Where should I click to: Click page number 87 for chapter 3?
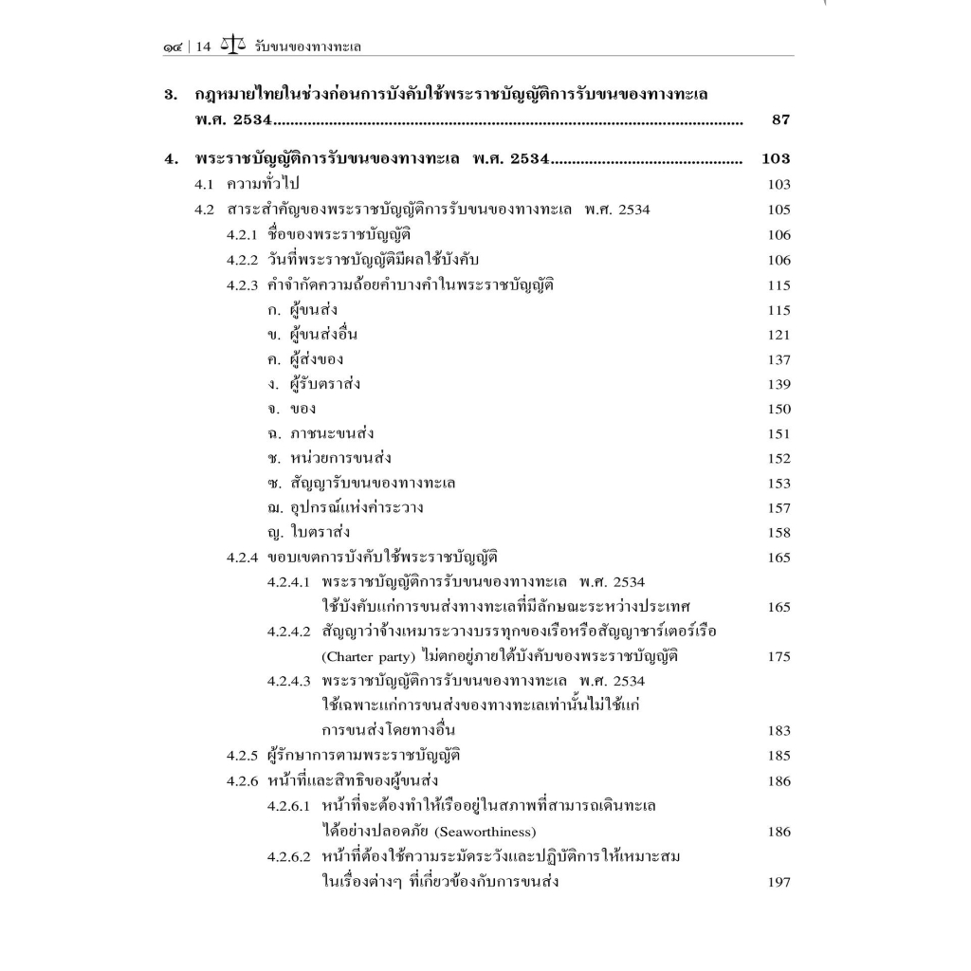(x=780, y=120)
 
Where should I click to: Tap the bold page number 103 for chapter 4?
(x=775, y=158)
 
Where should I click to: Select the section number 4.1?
(x=207, y=185)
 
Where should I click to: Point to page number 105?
(x=779, y=211)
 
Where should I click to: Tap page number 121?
(x=779, y=335)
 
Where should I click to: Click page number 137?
(x=779, y=360)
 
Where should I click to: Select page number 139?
(x=779, y=385)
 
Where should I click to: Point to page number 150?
(x=779, y=410)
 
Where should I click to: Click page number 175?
(x=779, y=657)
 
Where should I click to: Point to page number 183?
(x=779, y=731)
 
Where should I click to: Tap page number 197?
(x=779, y=883)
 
